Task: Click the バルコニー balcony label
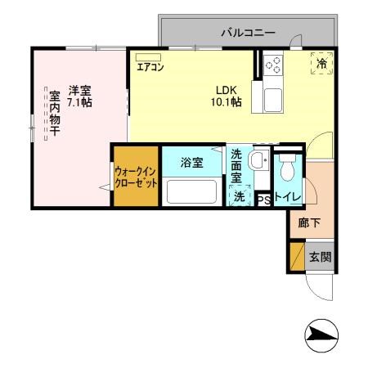(x=248, y=34)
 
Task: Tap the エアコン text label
(x=150, y=68)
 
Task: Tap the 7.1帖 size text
(x=79, y=102)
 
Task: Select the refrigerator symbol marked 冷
(x=322, y=63)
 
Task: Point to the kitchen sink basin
(x=272, y=100)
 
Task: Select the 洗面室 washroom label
(x=236, y=166)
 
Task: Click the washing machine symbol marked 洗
(x=240, y=196)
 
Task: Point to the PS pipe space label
(x=263, y=198)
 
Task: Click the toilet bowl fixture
(x=287, y=169)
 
